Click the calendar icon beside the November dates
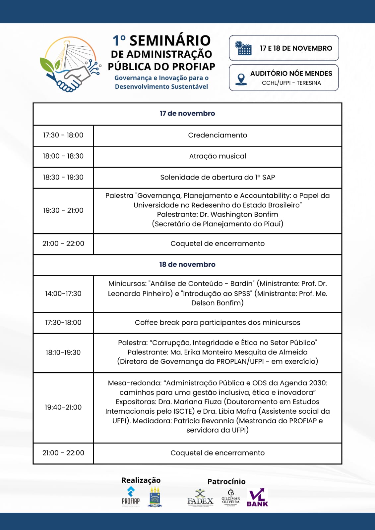[243, 48]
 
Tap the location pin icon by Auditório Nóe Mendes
[241, 79]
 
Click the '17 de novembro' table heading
[187, 114]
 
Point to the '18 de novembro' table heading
[187, 265]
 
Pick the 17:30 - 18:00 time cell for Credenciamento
[63, 135]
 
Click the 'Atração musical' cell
[218, 156]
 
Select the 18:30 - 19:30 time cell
[63, 177]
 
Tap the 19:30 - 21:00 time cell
[63, 210]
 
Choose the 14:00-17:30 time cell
[63, 293]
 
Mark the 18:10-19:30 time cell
[63, 352]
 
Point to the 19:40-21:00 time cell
[63, 407]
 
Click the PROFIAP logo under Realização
[131, 497]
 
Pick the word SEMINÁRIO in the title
[170, 41]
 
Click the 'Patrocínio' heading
[226, 482]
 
